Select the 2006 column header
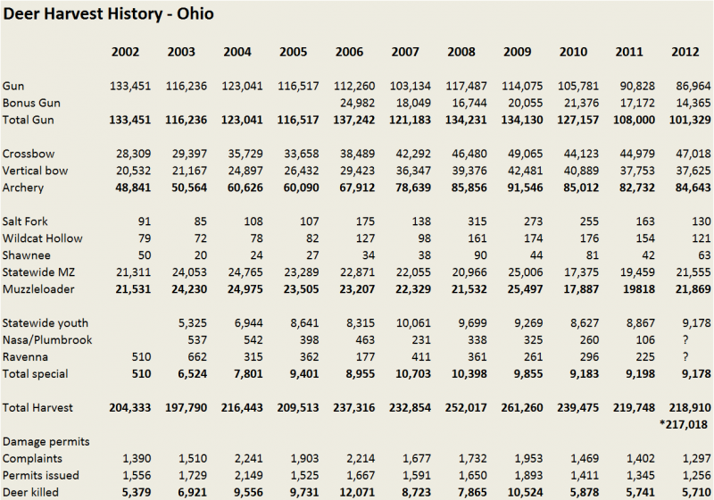pyautogui.click(x=349, y=52)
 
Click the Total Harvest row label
pyautogui.click(x=37, y=407)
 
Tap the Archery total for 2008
pyautogui.click(x=465, y=187)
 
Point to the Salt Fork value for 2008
pyautogui.click(x=471, y=222)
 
